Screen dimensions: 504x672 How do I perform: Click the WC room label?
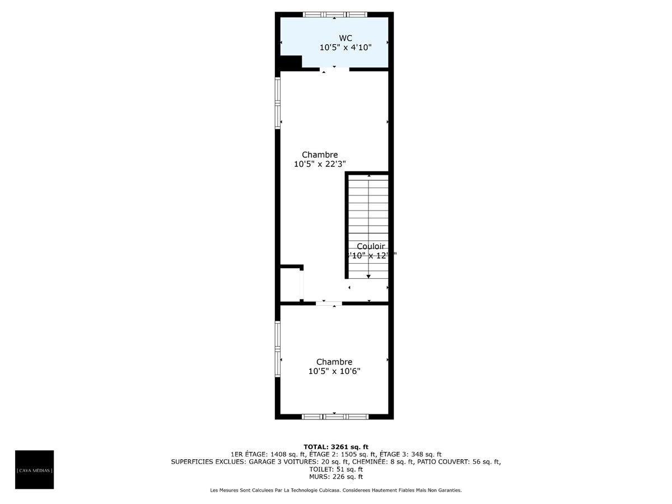pos(346,38)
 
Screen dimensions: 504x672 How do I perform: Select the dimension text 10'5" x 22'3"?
pos(320,164)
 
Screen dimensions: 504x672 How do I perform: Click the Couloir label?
pos(371,246)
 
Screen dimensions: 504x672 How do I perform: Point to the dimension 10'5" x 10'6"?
pos(334,371)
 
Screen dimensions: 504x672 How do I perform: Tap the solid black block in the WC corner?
pos(290,62)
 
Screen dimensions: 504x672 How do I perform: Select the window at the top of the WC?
pos(335,14)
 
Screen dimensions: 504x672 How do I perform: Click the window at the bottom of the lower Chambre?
pos(335,417)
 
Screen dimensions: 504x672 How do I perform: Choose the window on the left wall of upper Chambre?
pos(277,103)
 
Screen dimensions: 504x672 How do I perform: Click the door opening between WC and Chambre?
pos(334,69)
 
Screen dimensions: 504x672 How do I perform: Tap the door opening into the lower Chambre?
pos(329,303)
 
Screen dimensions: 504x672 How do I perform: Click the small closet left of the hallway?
pos(290,284)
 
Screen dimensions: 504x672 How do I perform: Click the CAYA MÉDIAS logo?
pos(34,470)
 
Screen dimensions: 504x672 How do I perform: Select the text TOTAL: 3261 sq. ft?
pos(336,447)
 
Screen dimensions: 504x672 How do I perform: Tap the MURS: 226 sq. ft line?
pos(336,477)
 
